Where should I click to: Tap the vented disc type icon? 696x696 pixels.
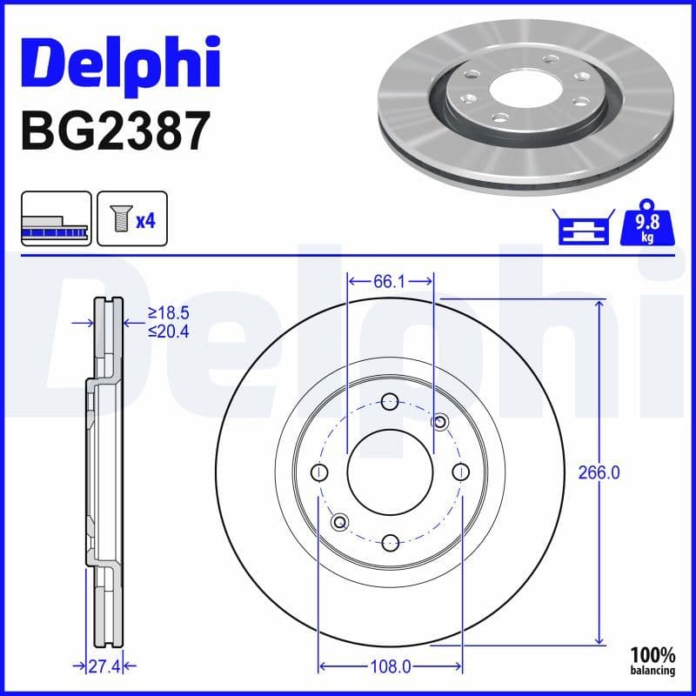[55, 220]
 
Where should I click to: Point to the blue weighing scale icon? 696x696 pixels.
[583, 228]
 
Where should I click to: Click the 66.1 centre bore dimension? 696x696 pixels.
[391, 281]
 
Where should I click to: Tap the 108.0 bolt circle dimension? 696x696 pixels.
[391, 667]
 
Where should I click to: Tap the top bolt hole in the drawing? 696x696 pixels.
[390, 402]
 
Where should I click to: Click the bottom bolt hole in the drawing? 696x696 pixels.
[390, 542]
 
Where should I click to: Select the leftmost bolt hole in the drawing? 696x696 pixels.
[320, 472]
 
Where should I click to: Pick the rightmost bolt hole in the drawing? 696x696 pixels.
[460, 472]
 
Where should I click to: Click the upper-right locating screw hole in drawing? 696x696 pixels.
[440, 423]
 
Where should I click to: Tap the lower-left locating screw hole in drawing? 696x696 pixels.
[340, 522]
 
